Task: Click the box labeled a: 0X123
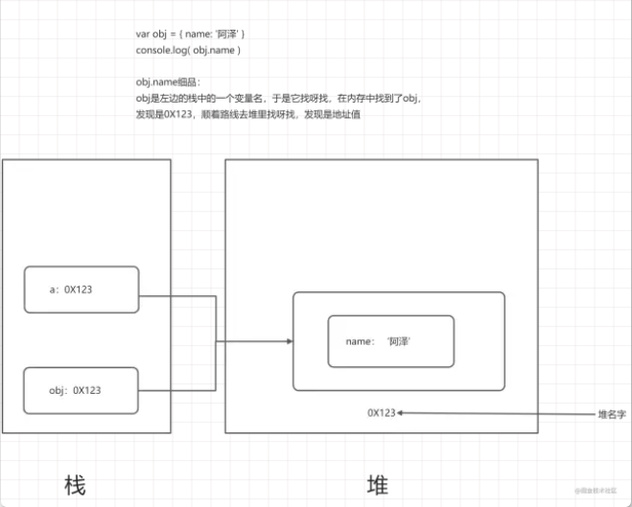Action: (x=82, y=289)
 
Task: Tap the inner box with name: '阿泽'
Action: (x=390, y=340)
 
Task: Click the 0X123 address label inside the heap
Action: (x=381, y=412)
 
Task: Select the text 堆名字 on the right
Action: (x=611, y=414)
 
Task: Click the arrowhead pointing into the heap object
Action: (x=289, y=341)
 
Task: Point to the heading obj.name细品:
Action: (x=169, y=82)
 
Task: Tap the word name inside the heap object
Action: (x=359, y=341)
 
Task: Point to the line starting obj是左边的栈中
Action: (x=278, y=98)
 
